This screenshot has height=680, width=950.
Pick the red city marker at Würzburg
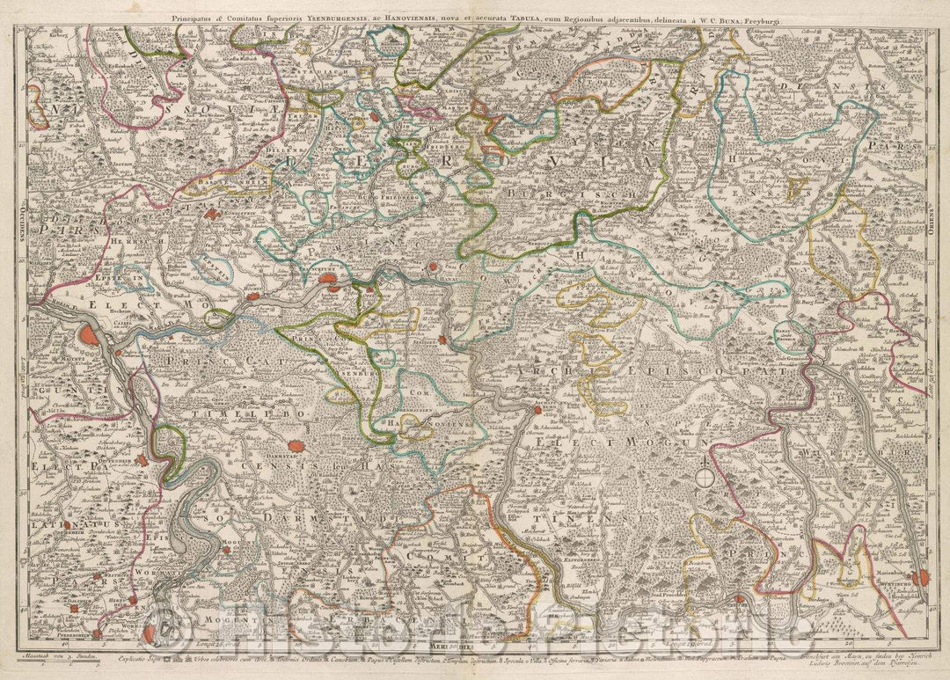click(x=920, y=578)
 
